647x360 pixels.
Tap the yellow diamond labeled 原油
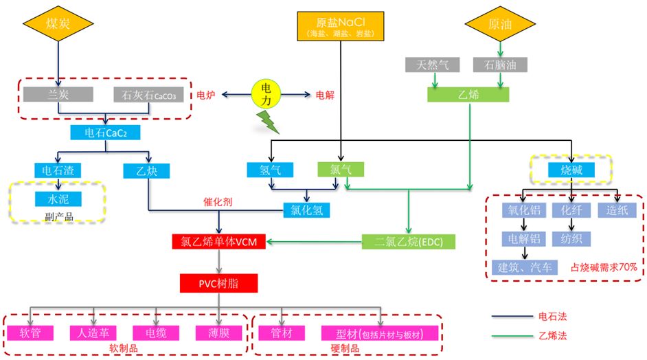click(x=500, y=25)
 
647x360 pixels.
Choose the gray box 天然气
click(x=435, y=66)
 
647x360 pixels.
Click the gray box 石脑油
click(x=500, y=66)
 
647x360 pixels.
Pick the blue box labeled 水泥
click(x=58, y=200)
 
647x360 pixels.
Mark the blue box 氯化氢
click(x=308, y=209)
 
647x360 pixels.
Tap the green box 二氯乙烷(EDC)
click(x=408, y=242)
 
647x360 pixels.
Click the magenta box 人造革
click(x=92, y=333)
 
